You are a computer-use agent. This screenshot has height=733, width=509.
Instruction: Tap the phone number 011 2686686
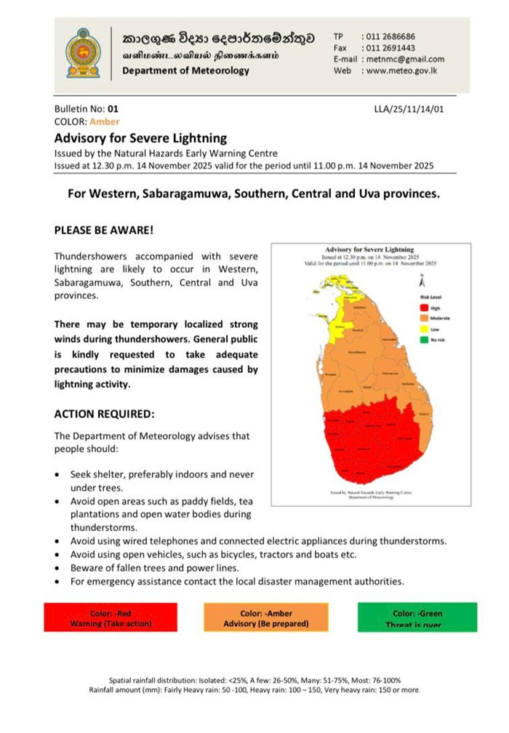[390, 36]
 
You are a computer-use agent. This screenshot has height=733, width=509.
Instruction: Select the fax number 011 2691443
[390, 47]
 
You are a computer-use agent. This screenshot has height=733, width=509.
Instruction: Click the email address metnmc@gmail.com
[405, 59]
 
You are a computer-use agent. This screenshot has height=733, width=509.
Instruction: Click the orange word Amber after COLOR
[105, 121]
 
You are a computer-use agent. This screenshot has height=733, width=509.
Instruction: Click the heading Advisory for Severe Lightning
[140, 137]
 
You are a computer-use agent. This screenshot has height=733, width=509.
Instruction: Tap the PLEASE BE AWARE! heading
[104, 230]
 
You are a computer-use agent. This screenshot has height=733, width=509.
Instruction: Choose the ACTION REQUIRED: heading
[104, 414]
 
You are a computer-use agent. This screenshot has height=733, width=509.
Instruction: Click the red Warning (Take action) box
[111, 618]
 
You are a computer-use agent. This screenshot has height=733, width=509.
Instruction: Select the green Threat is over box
[417, 618]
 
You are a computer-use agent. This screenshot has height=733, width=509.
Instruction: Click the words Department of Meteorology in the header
[185, 71]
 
